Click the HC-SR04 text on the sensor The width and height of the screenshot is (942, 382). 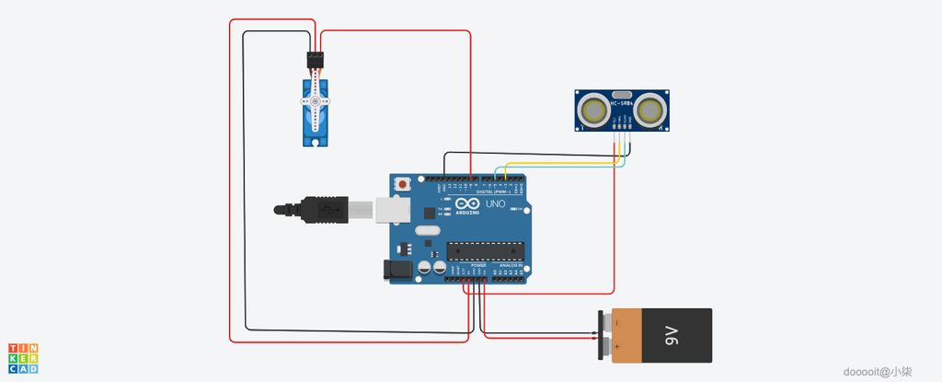pyautogui.click(x=622, y=104)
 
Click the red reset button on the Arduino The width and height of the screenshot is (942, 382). pyautogui.click(x=403, y=185)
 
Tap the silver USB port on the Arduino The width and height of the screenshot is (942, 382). pyautogui.click(x=392, y=211)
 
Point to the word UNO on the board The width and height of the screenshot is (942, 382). pyautogui.click(x=495, y=204)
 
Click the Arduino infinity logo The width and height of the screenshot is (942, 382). pyautogui.click(x=465, y=204)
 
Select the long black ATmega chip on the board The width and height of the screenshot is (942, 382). pyautogui.click(x=485, y=249)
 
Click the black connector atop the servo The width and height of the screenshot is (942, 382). pyautogui.click(x=316, y=60)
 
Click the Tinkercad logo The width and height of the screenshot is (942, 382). pyautogui.click(x=23, y=358)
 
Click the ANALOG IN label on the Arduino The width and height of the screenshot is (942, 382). pyautogui.click(x=510, y=265)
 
